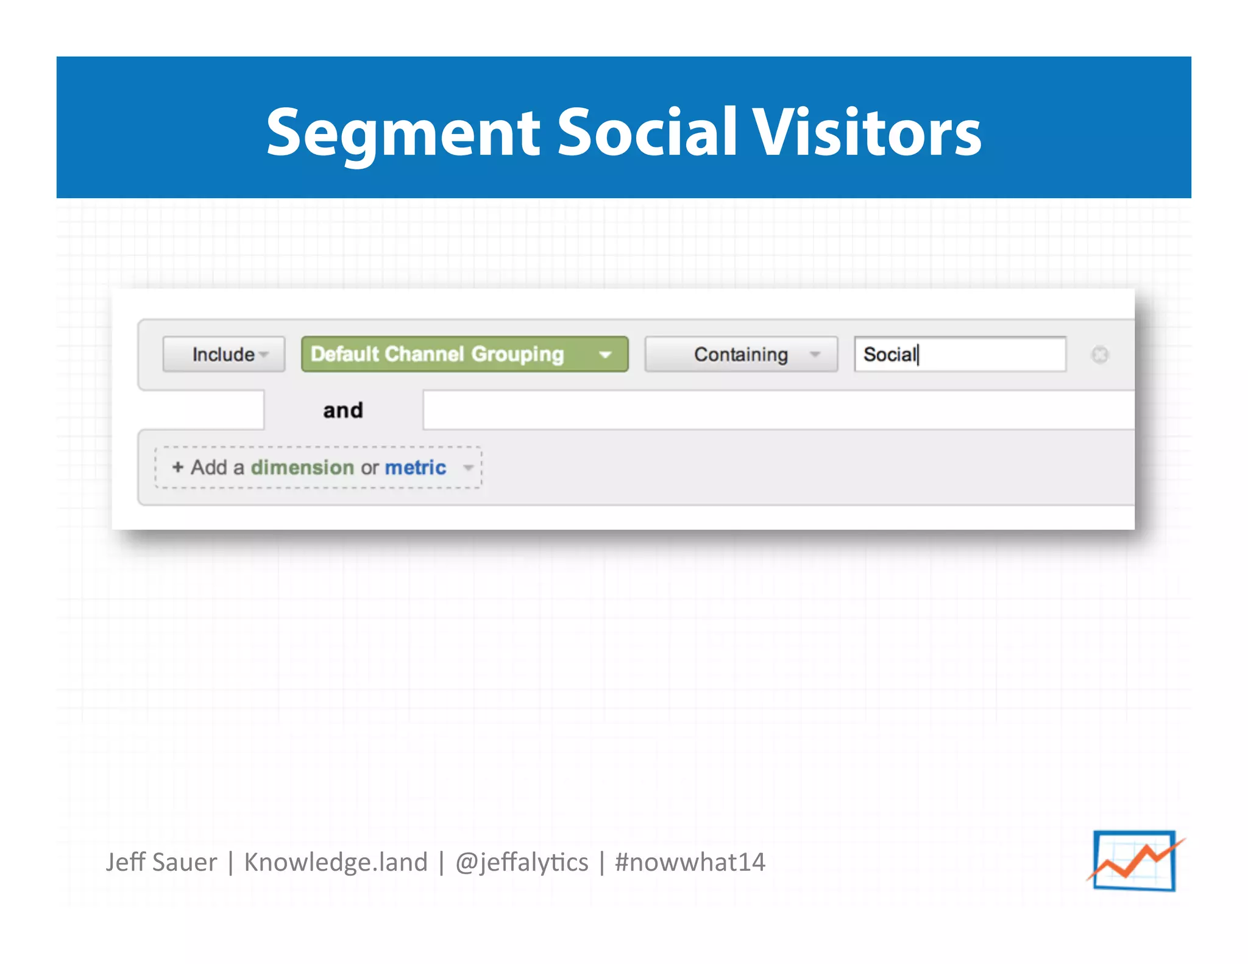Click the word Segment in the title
(x=403, y=133)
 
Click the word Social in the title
(x=647, y=132)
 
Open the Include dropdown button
(x=224, y=354)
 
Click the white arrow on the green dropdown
(x=605, y=355)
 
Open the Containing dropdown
(x=740, y=354)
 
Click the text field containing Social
(x=960, y=354)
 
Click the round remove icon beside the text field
(x=1099, y=355)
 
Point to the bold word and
(x=343, y=410)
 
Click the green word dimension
(x=302, y=467)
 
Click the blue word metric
(x=416, y=467)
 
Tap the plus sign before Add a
(x=178, y=467)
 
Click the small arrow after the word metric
(x=468, y=468)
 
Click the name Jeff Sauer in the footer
(x=161, y=862)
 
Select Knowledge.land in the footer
(x=336, y=862)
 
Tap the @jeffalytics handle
(x=522, y=862)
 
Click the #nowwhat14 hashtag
(x=690, y=862)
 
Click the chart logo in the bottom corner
(x=1135, y=860)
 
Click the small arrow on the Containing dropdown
(x=815, y=355)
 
